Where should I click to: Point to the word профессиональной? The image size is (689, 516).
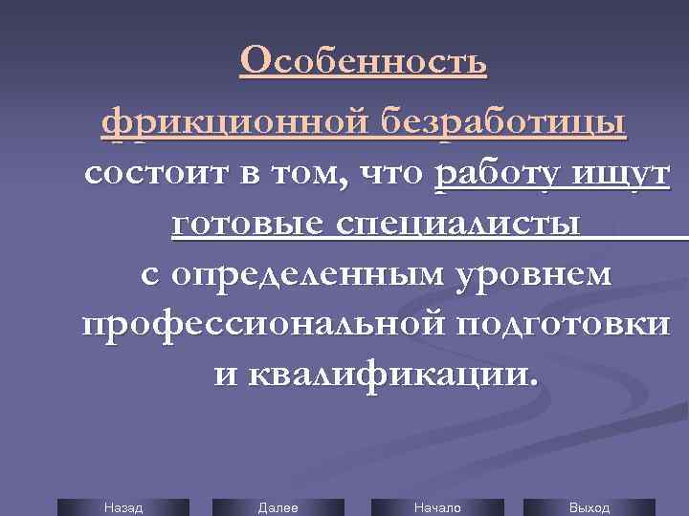pyautogui.click(x=261, y=324)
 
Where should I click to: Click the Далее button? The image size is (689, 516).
pyautogui.click(x=278, y=507)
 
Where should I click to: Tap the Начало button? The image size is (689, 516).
pyautogui.click(x=437, y=507)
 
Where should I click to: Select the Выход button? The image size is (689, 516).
pyautogui.click(x=589, y=507)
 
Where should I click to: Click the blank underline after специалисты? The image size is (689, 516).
pyautogui.click(x=635, y=229)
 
